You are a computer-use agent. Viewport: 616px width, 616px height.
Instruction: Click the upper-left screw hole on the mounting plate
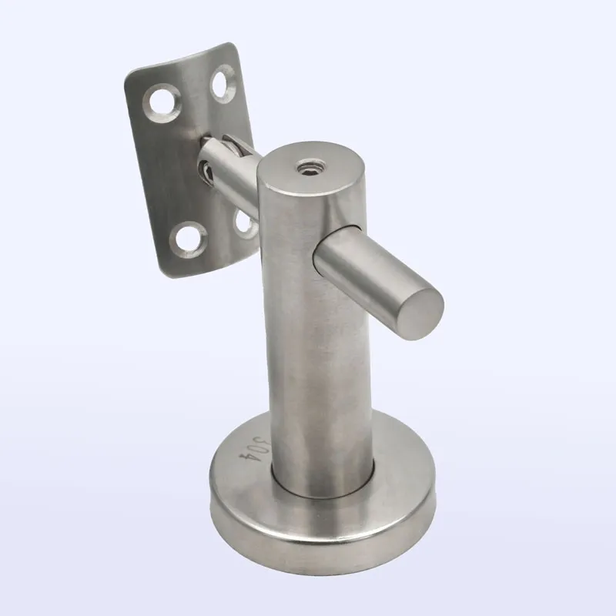[162, 103]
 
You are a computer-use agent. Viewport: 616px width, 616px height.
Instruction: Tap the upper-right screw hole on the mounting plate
[223, 84]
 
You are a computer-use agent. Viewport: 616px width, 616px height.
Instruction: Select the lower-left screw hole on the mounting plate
[188, 239]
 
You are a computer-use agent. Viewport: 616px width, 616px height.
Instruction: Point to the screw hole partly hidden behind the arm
[244, 224]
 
